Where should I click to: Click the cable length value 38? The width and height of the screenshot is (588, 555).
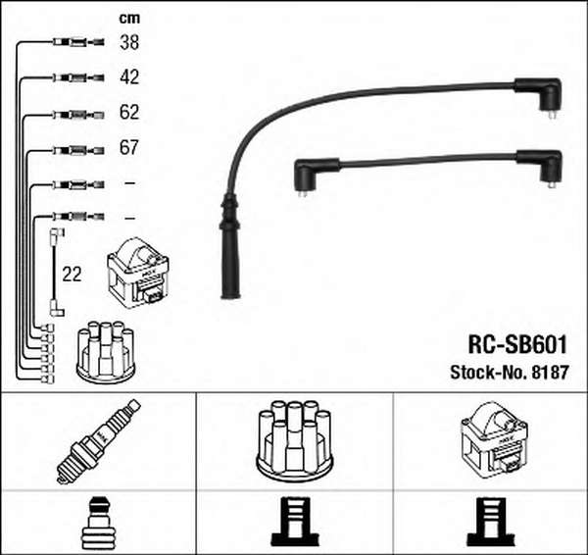tap(129, 42)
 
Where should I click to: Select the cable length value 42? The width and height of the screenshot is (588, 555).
tap(129, 76)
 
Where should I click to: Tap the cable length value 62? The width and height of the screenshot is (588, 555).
tap(129, 112)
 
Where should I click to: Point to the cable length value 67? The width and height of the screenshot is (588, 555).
tap(129, 147)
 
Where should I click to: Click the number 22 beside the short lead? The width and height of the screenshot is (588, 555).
tap(72, 275)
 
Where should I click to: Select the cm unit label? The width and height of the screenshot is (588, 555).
tap(129, 18)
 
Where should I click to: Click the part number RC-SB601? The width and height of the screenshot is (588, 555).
tap(517, 344)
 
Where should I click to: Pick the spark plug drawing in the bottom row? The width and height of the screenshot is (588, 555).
tap(98, 441)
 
